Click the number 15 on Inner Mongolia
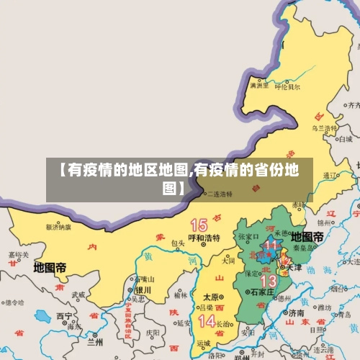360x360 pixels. click(199, 225)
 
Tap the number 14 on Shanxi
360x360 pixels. click(207, 320)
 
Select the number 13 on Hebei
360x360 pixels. click(268, 280)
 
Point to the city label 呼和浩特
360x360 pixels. click(204, 238)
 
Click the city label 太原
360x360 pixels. click(210, 296)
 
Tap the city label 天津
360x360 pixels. click(294, 268)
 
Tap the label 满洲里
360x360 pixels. click(258, 85)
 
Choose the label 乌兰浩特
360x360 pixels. click(324, 127)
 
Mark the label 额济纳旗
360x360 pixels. click(58, 227)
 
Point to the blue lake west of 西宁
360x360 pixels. click(43, 315)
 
